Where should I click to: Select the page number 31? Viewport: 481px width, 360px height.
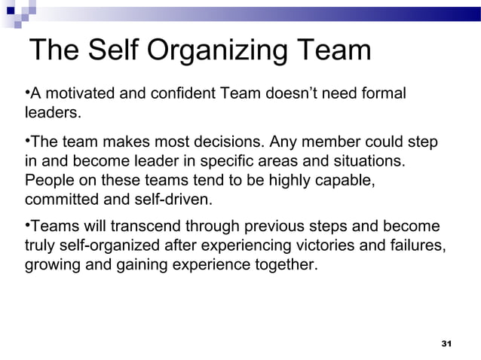click(445, 343)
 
